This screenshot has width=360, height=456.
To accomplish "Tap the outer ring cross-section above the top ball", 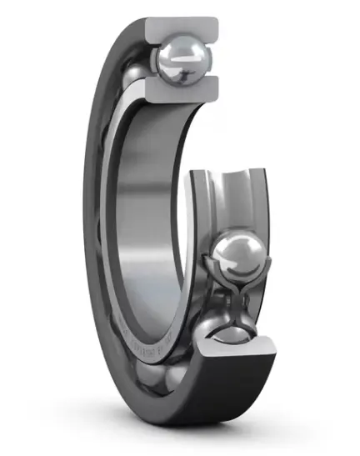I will pyautogui.click(x=183, y=29).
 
